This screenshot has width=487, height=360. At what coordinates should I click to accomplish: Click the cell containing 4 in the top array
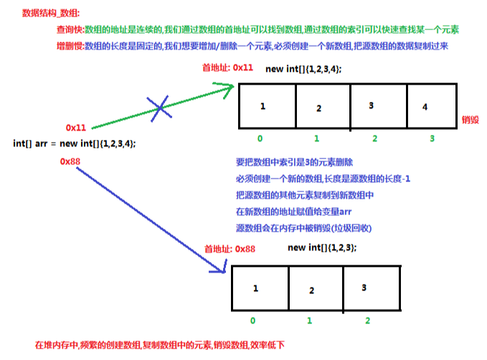[x=431, y=106]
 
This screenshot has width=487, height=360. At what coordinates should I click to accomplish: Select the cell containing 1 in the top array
[x=266, y=106]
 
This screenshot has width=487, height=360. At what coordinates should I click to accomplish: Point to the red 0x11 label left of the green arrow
[x=76, y=127]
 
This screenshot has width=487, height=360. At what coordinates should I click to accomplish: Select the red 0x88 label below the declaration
[x=70, y=161]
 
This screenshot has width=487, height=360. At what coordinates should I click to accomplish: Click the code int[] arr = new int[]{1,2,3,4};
[x=75, y=143]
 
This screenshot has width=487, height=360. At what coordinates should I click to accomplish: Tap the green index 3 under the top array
[x=431, y=138]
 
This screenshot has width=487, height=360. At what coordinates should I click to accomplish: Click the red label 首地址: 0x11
[x=228, y=67]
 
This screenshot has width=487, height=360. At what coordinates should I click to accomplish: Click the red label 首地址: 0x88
[x=230, y=248]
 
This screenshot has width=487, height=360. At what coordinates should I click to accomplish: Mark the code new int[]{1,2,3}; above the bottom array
[x=322, y=247]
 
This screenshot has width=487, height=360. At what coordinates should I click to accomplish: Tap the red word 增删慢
[x=69, y=45]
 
